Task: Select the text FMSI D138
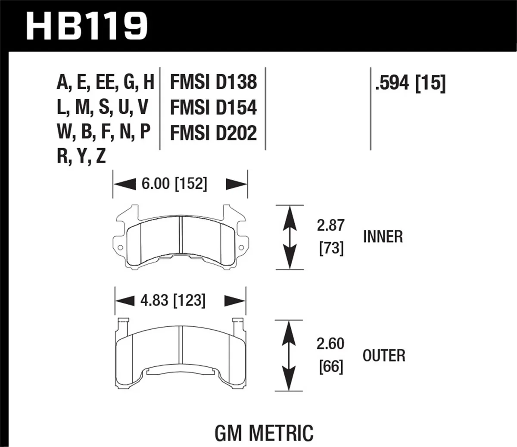click(x=213, y=82)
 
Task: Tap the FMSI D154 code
click(x=213, y=108)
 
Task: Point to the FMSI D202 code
click(x=213, y=133)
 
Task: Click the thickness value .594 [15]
click(x=410, y=83)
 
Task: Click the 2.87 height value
click(x=331, y=225)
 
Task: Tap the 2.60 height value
click(x=330, y=344)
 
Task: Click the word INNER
click(x=383, y=237)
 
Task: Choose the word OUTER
click(x=384, y=356)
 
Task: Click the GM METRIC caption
click(x=264, y=432)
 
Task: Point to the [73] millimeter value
click(x=331, y=249)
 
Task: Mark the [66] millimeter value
click(x=331, y=367)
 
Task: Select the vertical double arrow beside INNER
click(x=289, y=237)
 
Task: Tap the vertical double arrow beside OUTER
click(x=289, y=356)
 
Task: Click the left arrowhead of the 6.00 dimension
click(x=122, y=184)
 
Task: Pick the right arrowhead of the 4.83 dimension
click(x=235, y=300)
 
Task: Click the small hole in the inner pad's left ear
click(x=120, y=247)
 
